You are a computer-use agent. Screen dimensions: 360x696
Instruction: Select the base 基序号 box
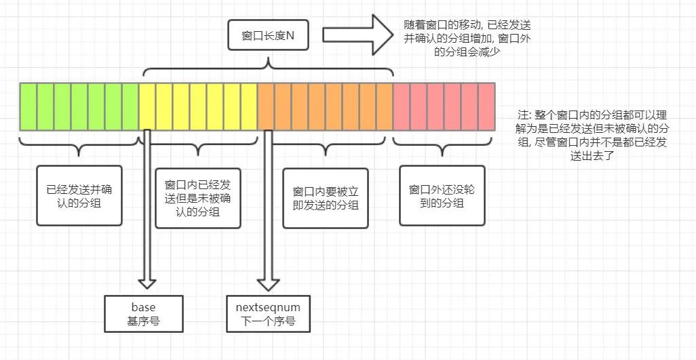point(144,312)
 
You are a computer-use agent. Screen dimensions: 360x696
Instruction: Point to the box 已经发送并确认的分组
point(80,195)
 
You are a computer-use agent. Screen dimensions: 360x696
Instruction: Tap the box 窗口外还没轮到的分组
point(442,196)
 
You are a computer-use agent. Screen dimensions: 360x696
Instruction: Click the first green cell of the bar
point(28,106)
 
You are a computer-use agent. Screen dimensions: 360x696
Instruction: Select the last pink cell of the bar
point(486,106)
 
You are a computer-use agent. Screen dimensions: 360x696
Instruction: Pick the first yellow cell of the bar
point(147,106)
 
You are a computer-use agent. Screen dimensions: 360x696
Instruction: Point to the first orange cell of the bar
point(265,106)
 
